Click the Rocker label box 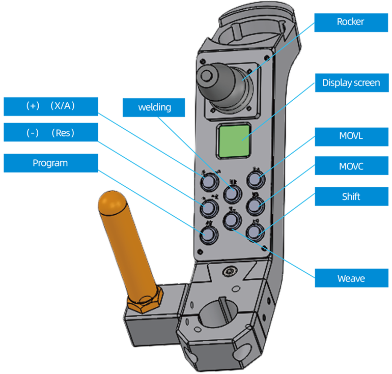tap(351, 22)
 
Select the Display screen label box tap(351, 82)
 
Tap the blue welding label tap(154, 107)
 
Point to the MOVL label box tap(351, 136)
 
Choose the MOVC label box tap(351, 166)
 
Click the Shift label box tap(351, 196)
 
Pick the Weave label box tap(351, 278)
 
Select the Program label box tap(50, 163)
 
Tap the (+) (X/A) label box tap(50, 106)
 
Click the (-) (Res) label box tap(50, 133)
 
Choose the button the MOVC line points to tap(255, 206)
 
